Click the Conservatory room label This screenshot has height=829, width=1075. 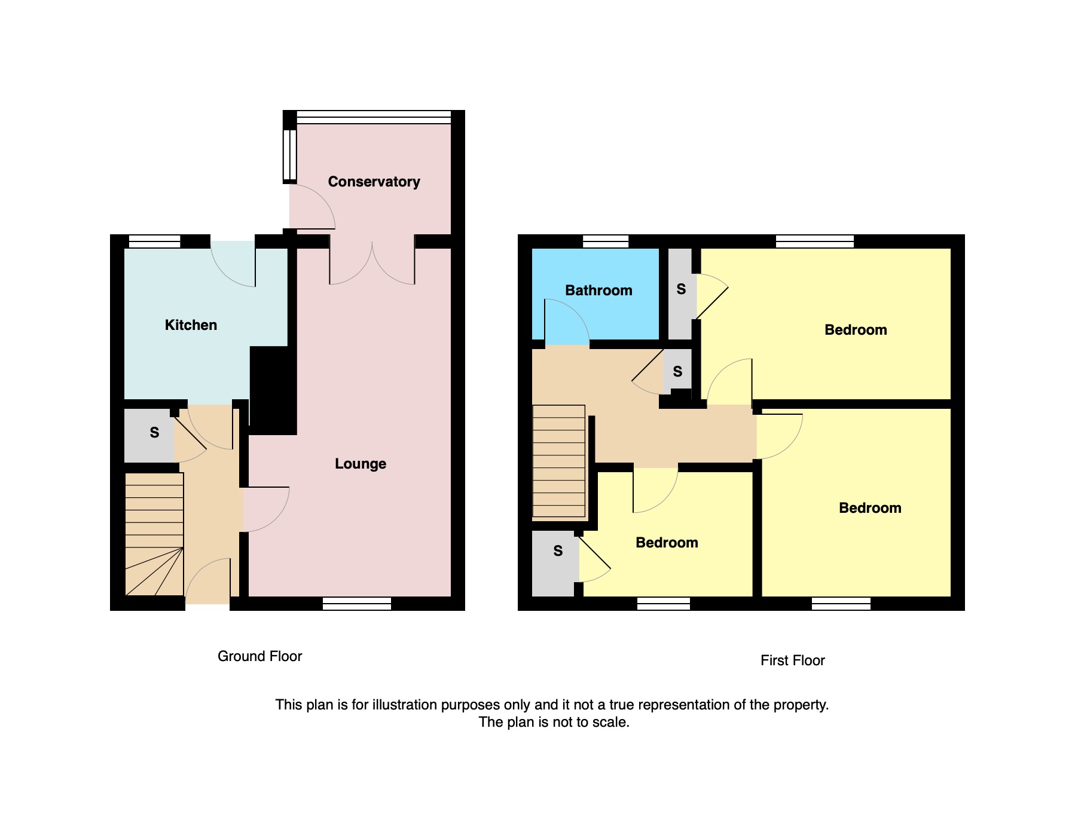(x=374, y=182)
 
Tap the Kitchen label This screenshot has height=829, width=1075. (x=191, y=325)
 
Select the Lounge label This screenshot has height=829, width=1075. (x=361, y=464)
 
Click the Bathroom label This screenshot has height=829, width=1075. (x=598, y=290)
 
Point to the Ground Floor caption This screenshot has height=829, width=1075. (x=259, y=656)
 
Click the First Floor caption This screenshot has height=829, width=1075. (x=793, y=660)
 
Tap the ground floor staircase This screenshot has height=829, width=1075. (x=154, y=534)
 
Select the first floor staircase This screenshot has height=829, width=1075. (x=558, y=461)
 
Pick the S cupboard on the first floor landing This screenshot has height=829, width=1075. (x=677, y=371)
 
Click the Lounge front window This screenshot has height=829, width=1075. (x=357, y=604)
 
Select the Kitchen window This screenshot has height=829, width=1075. (x=154, y=241)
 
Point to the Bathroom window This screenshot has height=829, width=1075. (x=606, y=241)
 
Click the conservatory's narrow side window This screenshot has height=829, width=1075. (x=289, y=155)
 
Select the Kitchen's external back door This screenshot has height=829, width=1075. (x=233, y=264)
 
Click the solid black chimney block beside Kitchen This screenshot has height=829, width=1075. (x=273, y=390)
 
